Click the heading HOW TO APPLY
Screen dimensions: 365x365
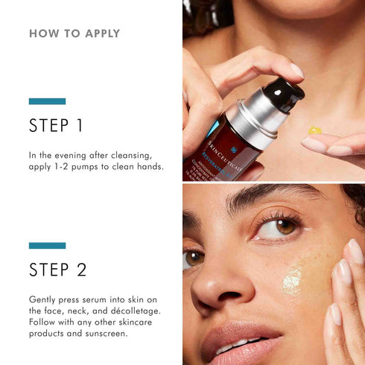click(x=74, y=34)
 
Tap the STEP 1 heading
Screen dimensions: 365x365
click(x=56, y=126)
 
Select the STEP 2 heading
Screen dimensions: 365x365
click(x=57, y=269)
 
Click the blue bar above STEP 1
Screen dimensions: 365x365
click(x=47, y=101)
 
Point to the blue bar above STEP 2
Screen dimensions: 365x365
click(x=47, y=245)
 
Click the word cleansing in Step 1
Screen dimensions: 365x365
click(x=131, y=154)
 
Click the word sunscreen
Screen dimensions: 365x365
click(x=107, y=333)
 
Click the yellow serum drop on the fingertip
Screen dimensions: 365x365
click(x=315, y=131)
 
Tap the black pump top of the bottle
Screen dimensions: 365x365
click(x=283, y=95)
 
